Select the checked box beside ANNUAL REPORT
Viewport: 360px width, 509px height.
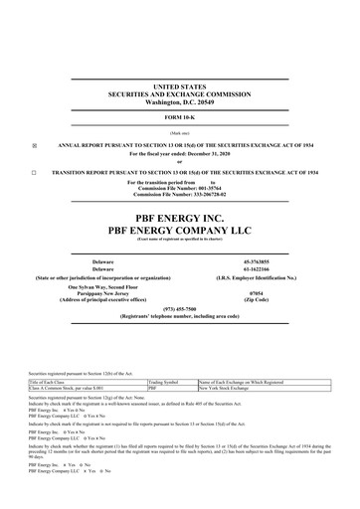[34, 144]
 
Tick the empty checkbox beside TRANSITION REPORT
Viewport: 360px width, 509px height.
[34, 175]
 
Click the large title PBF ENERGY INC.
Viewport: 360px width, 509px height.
[179, 215]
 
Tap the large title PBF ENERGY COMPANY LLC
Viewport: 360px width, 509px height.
[179, 230]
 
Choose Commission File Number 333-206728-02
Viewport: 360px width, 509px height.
[179, 197]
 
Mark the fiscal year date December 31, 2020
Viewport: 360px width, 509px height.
[205, 154]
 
